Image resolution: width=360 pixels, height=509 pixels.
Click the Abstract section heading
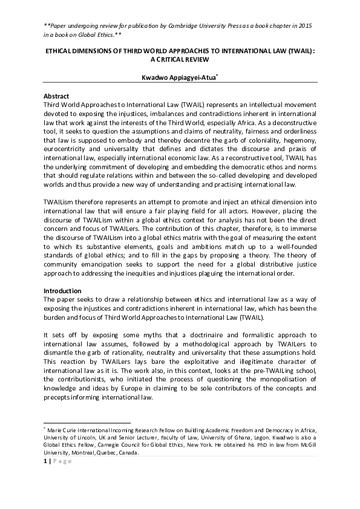(56, 96)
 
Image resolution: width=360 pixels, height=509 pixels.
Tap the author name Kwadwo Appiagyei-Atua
(178, 77)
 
